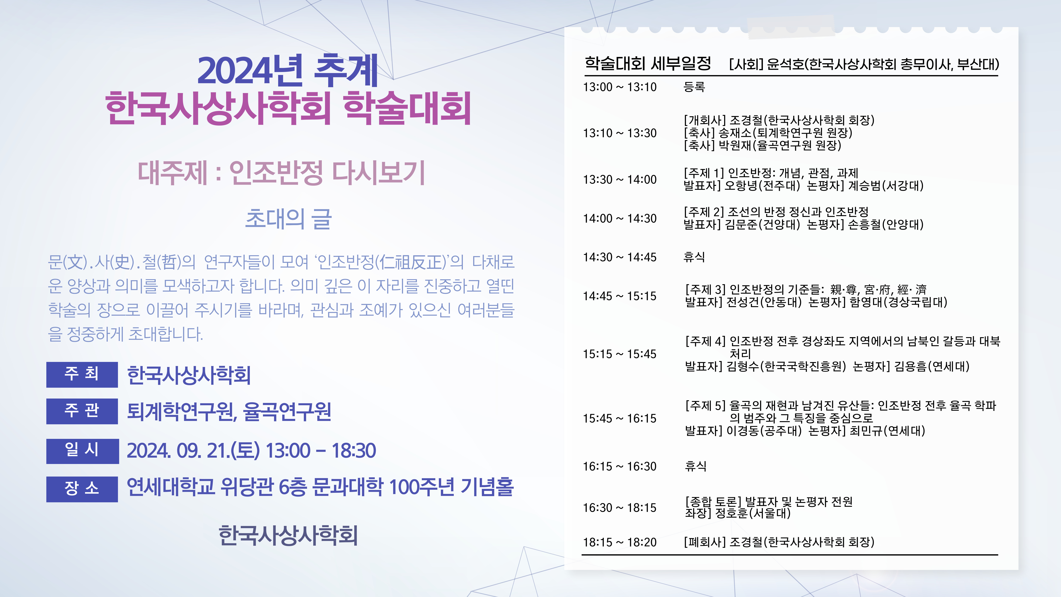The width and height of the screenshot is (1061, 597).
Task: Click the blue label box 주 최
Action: click(82, 374)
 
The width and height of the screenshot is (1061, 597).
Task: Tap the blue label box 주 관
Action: click(82, 411)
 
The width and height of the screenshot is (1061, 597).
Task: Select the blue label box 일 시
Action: click(82, 451)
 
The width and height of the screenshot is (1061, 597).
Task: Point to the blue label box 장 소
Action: click(82, 489)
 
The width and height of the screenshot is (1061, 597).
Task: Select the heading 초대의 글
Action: click(288, 219)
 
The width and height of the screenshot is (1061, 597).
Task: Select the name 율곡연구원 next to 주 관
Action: click(287, 411)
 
